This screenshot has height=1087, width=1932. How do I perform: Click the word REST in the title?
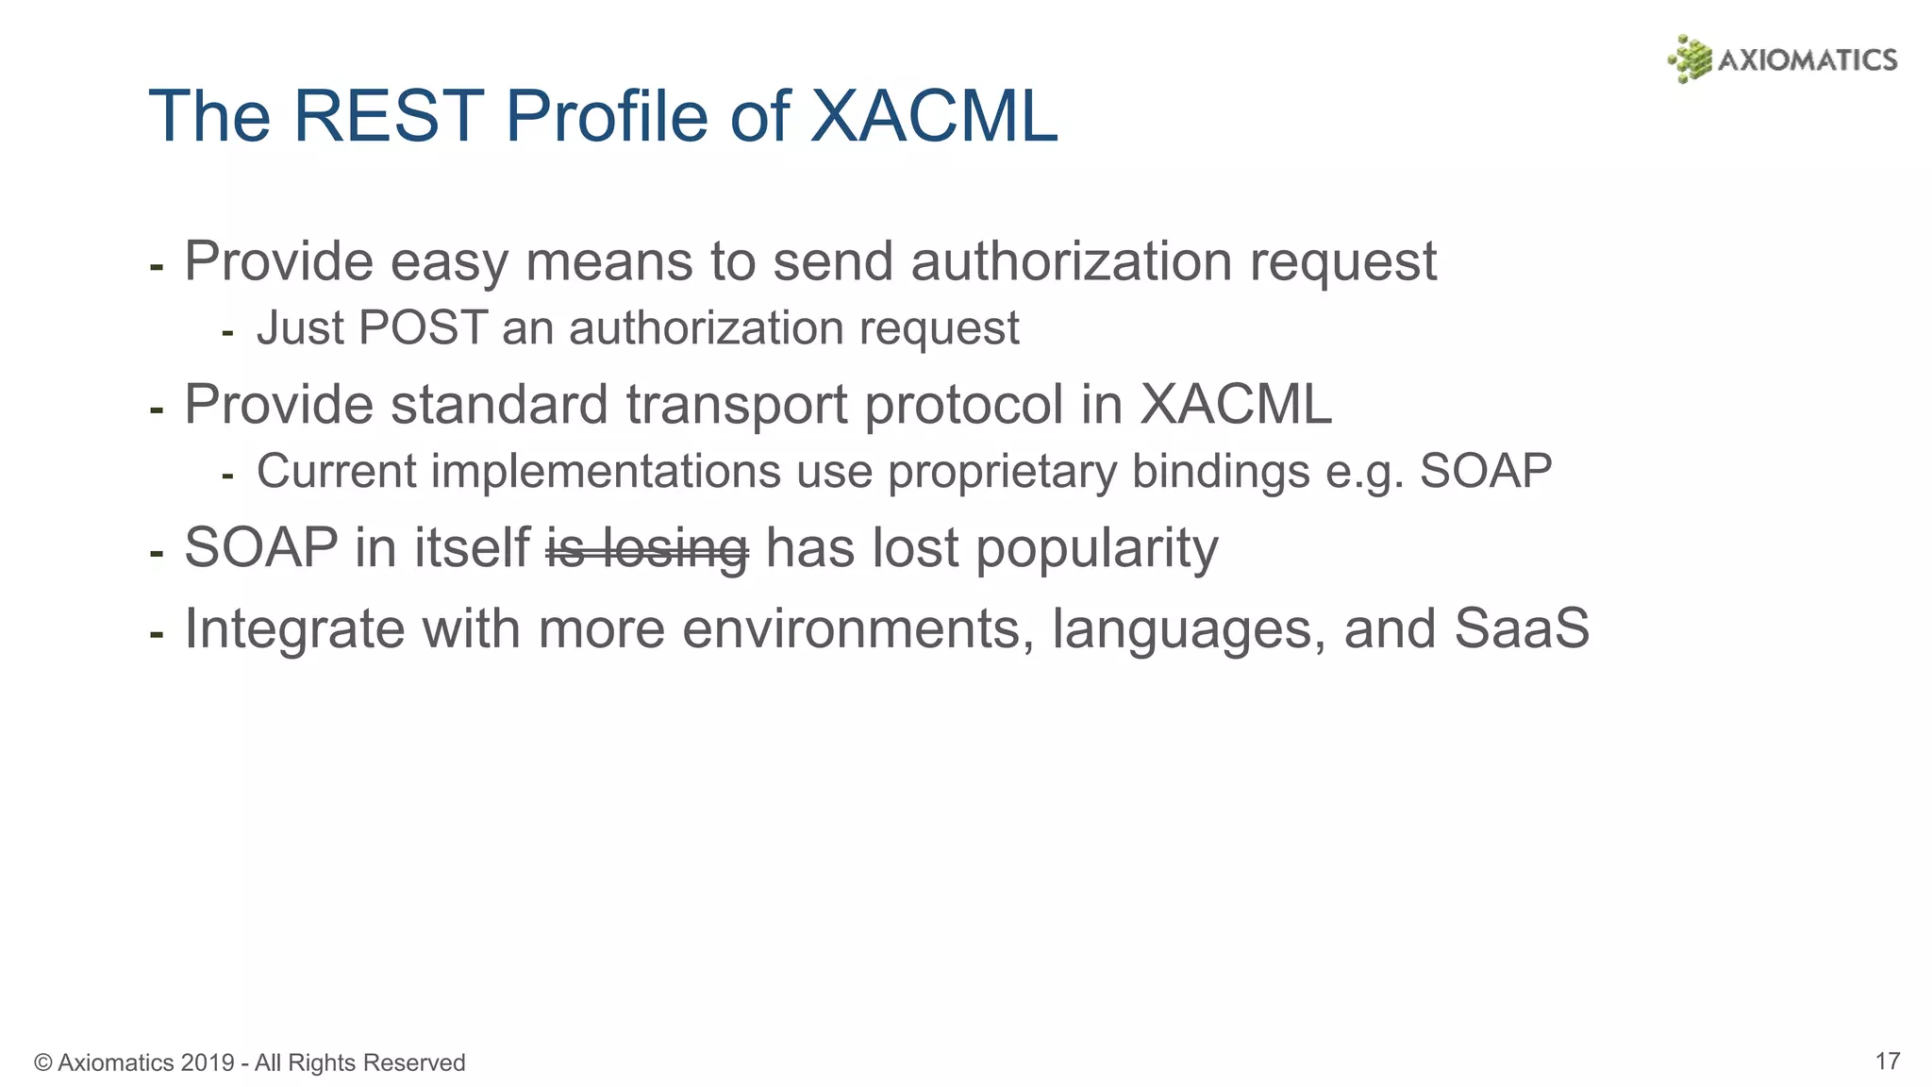(388, 116)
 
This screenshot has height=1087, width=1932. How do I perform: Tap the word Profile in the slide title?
(607, 116)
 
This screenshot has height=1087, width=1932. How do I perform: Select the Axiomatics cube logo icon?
(1690, 59)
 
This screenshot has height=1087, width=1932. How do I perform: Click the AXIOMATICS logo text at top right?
(1807, 60)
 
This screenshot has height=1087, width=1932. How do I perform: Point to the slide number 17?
(1887, 1061)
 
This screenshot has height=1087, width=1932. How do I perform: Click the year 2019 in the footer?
(208, 1062)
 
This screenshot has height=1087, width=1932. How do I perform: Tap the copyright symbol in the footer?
(42, 1062)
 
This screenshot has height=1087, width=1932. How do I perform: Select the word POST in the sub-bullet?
(423, 328)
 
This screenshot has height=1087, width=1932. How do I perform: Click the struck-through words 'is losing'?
(647, 548)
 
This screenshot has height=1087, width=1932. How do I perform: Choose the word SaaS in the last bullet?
(1521, 628)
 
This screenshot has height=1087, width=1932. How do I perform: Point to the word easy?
(449, 262)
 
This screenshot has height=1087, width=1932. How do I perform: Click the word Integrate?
(294, 630)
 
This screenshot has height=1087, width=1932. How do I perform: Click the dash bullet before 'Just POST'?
(226, 333)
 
